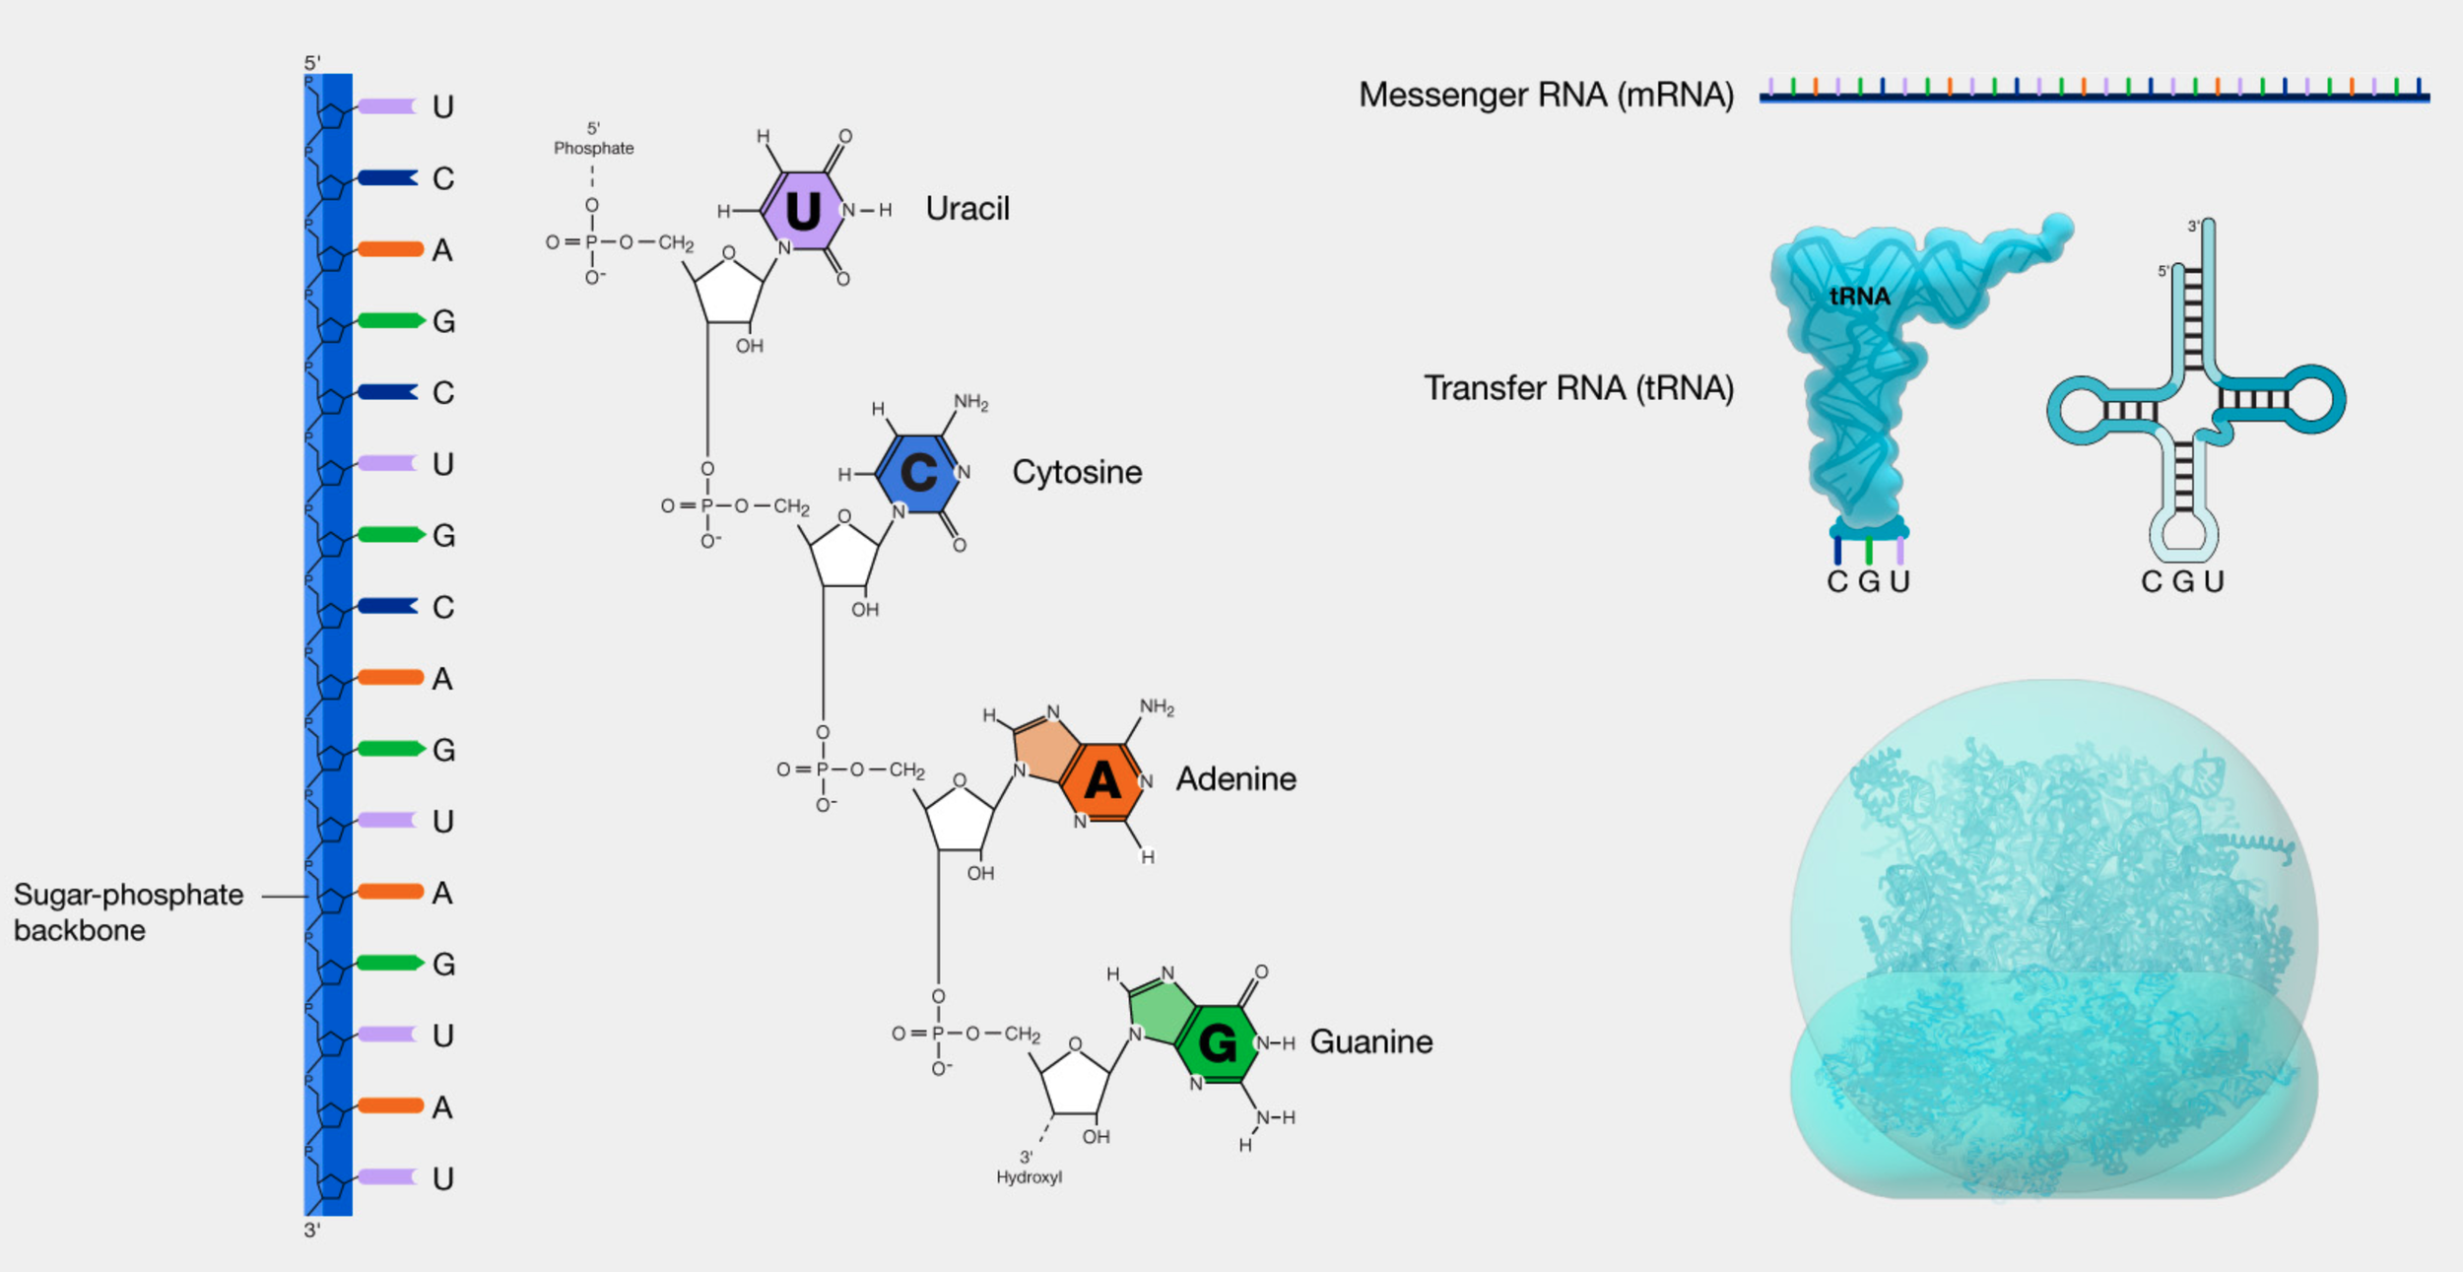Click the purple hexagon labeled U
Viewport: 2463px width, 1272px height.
pyautogui.click(x=803, y=211)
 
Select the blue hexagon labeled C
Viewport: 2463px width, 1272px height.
pyautogui.click(x=918, y=474)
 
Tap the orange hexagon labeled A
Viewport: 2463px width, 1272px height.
pyautogui.click(x=1102, y=781)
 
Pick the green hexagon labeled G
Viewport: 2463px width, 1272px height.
pyautogui.click(x=1218, y=1043)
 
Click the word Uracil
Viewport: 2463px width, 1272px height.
pyautogui.click(x=967, y=209)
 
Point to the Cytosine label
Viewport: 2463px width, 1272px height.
pyautogui.click(x=1077, y=472)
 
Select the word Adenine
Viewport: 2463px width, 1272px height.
pyautogui.click(x=1235, y=779)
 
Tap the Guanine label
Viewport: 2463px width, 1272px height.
pyautogui.click(x=1370, y=1041)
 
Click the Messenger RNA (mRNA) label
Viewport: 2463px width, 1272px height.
pyautogui.click(x=1546, y=95)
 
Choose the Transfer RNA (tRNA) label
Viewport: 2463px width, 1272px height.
pyautogui.click(x=1578, y=388)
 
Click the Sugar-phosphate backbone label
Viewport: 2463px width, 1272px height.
pyautogui.click(x=128, y=912)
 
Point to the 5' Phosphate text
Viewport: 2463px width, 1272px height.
pyautogui.click(x=593, y=139)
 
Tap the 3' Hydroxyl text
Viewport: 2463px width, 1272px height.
pyautogui.click(x=1029, y=1168)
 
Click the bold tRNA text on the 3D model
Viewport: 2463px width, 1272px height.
pyautogui.click(x=1859, y=297)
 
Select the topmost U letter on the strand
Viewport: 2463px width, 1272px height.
pyautogui.click(x=443, y=106)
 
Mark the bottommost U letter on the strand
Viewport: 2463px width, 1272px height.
pyautogui.click(x=443, y=1178)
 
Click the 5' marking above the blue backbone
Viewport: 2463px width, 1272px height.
pyautogui.click(x=312, y=63)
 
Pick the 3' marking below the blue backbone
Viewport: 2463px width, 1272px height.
pyautogui.click(x=312, y=1230)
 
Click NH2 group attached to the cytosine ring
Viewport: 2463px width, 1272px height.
pyautogui.click(x=970, y=402)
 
